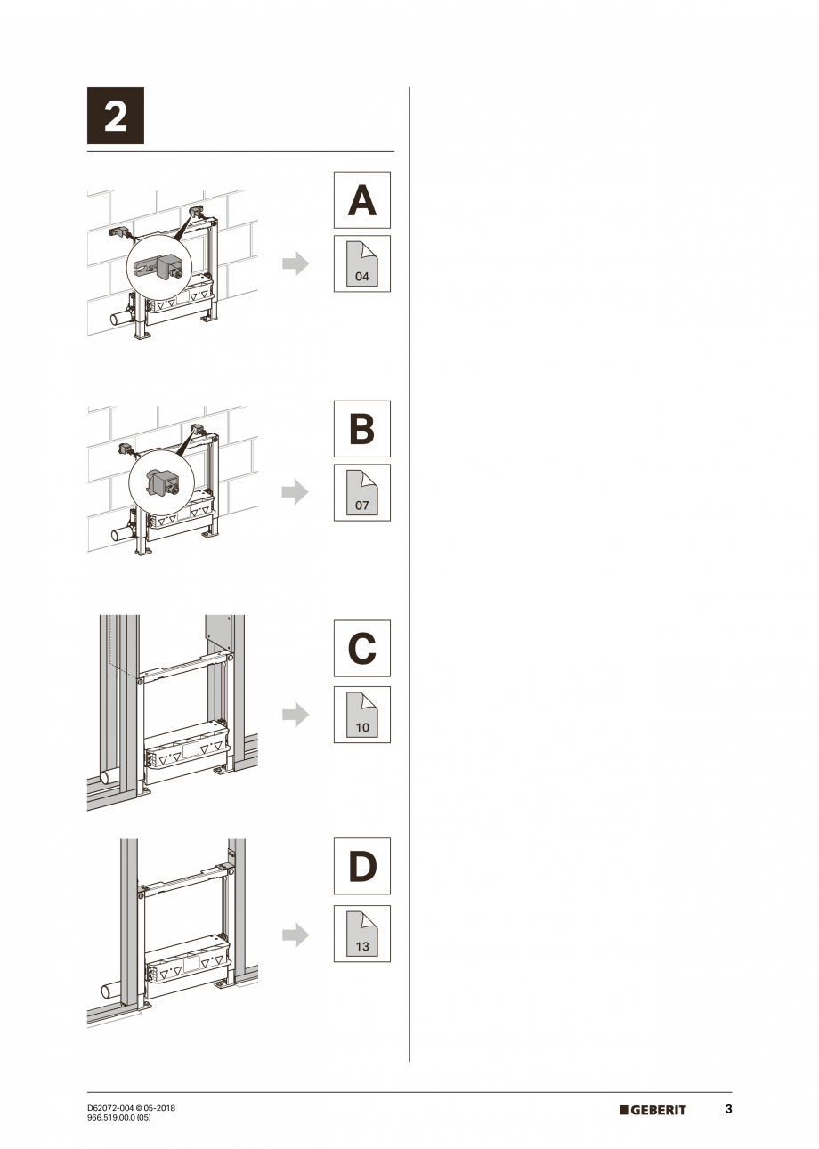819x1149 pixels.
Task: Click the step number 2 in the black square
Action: pyautogui.click(x=115, y=116)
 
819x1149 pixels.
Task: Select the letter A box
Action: pyautogui.click(x=361, y=200)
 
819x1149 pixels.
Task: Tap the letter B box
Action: pyautogui.click(x=361, y=428)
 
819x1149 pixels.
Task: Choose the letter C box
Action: pyautogui.click(x=361, y=648)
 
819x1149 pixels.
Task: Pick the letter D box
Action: pyautogui.click(x=361, y=866)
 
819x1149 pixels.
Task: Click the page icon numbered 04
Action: pyautogui.click(x=361, y=263)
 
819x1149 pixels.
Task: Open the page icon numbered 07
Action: pyautogui.click(x=361, y=492)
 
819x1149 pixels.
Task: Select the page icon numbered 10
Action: pyautogui.click(x=361, y=714)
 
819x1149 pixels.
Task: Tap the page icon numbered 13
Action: pyautogui.click(x=361, y=934)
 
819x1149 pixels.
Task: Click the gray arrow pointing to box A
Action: pyautogui.click(x=296, y=263)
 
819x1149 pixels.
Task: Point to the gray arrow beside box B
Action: pyautogui.click(x=296, y=492)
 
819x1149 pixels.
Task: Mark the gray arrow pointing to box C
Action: pyautogui.click(x=296, y=714)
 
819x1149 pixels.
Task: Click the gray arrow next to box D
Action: pyautogui.click(x=296, y=934)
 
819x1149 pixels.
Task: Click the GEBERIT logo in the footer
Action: pyautogui.click(x=653, y=1110)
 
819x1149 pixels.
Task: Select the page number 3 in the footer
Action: pyautogui.click(x=728, y=1109)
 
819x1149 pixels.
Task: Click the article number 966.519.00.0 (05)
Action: pyautogui.click(x=119, y=1118)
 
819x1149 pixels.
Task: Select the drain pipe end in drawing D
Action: pyautogui.click(x=107, y=990)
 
